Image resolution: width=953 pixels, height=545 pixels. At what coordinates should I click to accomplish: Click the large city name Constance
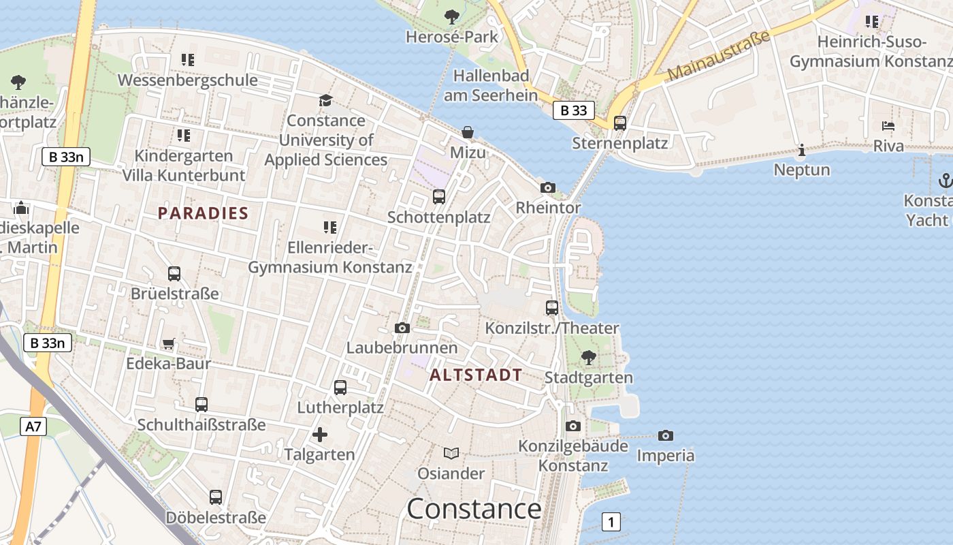click(x=474, y=509)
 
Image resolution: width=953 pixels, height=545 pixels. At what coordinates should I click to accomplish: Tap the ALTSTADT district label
click(x=476, y=375)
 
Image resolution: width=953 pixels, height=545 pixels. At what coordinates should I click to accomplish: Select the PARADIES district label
click(x=203, y=213)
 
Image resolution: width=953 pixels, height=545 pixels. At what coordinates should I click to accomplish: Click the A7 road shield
click(x=33, y=427)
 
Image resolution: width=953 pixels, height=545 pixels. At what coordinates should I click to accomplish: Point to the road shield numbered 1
click(x=611, y=523)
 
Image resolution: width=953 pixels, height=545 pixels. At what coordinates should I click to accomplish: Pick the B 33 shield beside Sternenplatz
click(x=573, y=110)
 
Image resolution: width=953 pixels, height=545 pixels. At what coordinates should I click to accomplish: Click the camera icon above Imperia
click(x=665, y=435)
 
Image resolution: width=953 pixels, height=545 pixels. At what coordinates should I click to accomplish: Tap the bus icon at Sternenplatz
click(x=619, y=123)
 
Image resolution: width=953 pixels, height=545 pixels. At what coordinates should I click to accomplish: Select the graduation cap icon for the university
click(x=325, y=101)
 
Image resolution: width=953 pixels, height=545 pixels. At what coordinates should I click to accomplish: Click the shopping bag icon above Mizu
click(x=468, y=131)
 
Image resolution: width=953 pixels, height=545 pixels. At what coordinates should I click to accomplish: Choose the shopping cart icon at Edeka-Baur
click(x=168, y=344)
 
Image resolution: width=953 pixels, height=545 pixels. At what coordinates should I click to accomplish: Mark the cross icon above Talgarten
click(x=319, y=434)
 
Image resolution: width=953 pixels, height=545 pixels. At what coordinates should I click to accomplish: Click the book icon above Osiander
click(x=451, y=453)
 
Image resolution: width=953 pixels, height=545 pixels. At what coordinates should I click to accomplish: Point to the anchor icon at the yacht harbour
click(x=944, y=181)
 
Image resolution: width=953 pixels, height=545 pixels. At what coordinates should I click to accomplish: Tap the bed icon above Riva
click(x=888, y=126)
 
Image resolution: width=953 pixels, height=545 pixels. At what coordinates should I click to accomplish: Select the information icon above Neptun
click(x=801, y=150)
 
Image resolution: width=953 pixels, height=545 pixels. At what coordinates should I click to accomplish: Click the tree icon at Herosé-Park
click(x=451, y=16)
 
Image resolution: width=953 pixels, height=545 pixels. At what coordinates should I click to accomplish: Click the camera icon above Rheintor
click(x=547, y=187)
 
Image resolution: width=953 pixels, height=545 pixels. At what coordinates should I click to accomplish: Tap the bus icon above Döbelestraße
click(x=216, y=497)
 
